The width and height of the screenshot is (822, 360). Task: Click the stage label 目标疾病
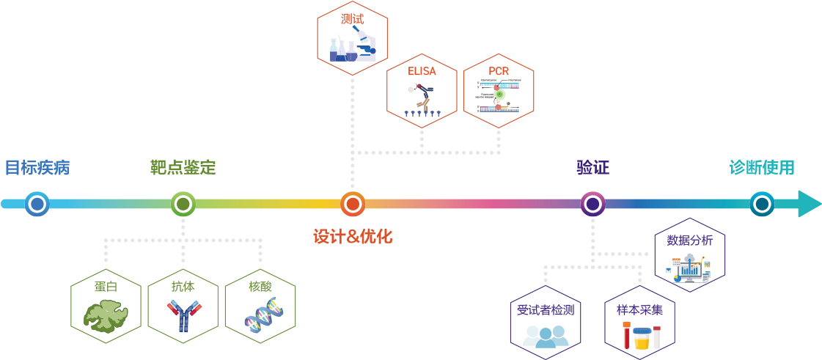tap(37, 167)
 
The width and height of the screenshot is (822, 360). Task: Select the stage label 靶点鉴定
tap(183, 167)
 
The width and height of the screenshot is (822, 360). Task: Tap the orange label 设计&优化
tap(353, 237)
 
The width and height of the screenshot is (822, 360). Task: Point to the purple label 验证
tap(592, 167)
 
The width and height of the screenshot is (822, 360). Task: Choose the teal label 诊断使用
tap(762, 167)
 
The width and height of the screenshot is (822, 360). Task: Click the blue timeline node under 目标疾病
tap(37, 203)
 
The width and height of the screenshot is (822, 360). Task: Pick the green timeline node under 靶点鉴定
tap(183, 203)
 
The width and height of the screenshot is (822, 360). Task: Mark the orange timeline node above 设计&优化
tap(353, 203)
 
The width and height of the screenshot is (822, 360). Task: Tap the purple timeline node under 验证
tap(592, 203)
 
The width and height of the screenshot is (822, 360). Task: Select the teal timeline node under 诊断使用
tap(763, 203)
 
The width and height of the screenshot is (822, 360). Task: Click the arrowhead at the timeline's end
tap(809, 203)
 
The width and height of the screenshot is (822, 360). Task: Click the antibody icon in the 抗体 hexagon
tap(183, 317)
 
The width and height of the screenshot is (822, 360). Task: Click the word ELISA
tap(422, 71)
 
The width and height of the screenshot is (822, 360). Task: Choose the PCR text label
tap(499, 71)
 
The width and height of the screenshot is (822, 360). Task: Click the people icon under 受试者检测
tap(546, 335)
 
